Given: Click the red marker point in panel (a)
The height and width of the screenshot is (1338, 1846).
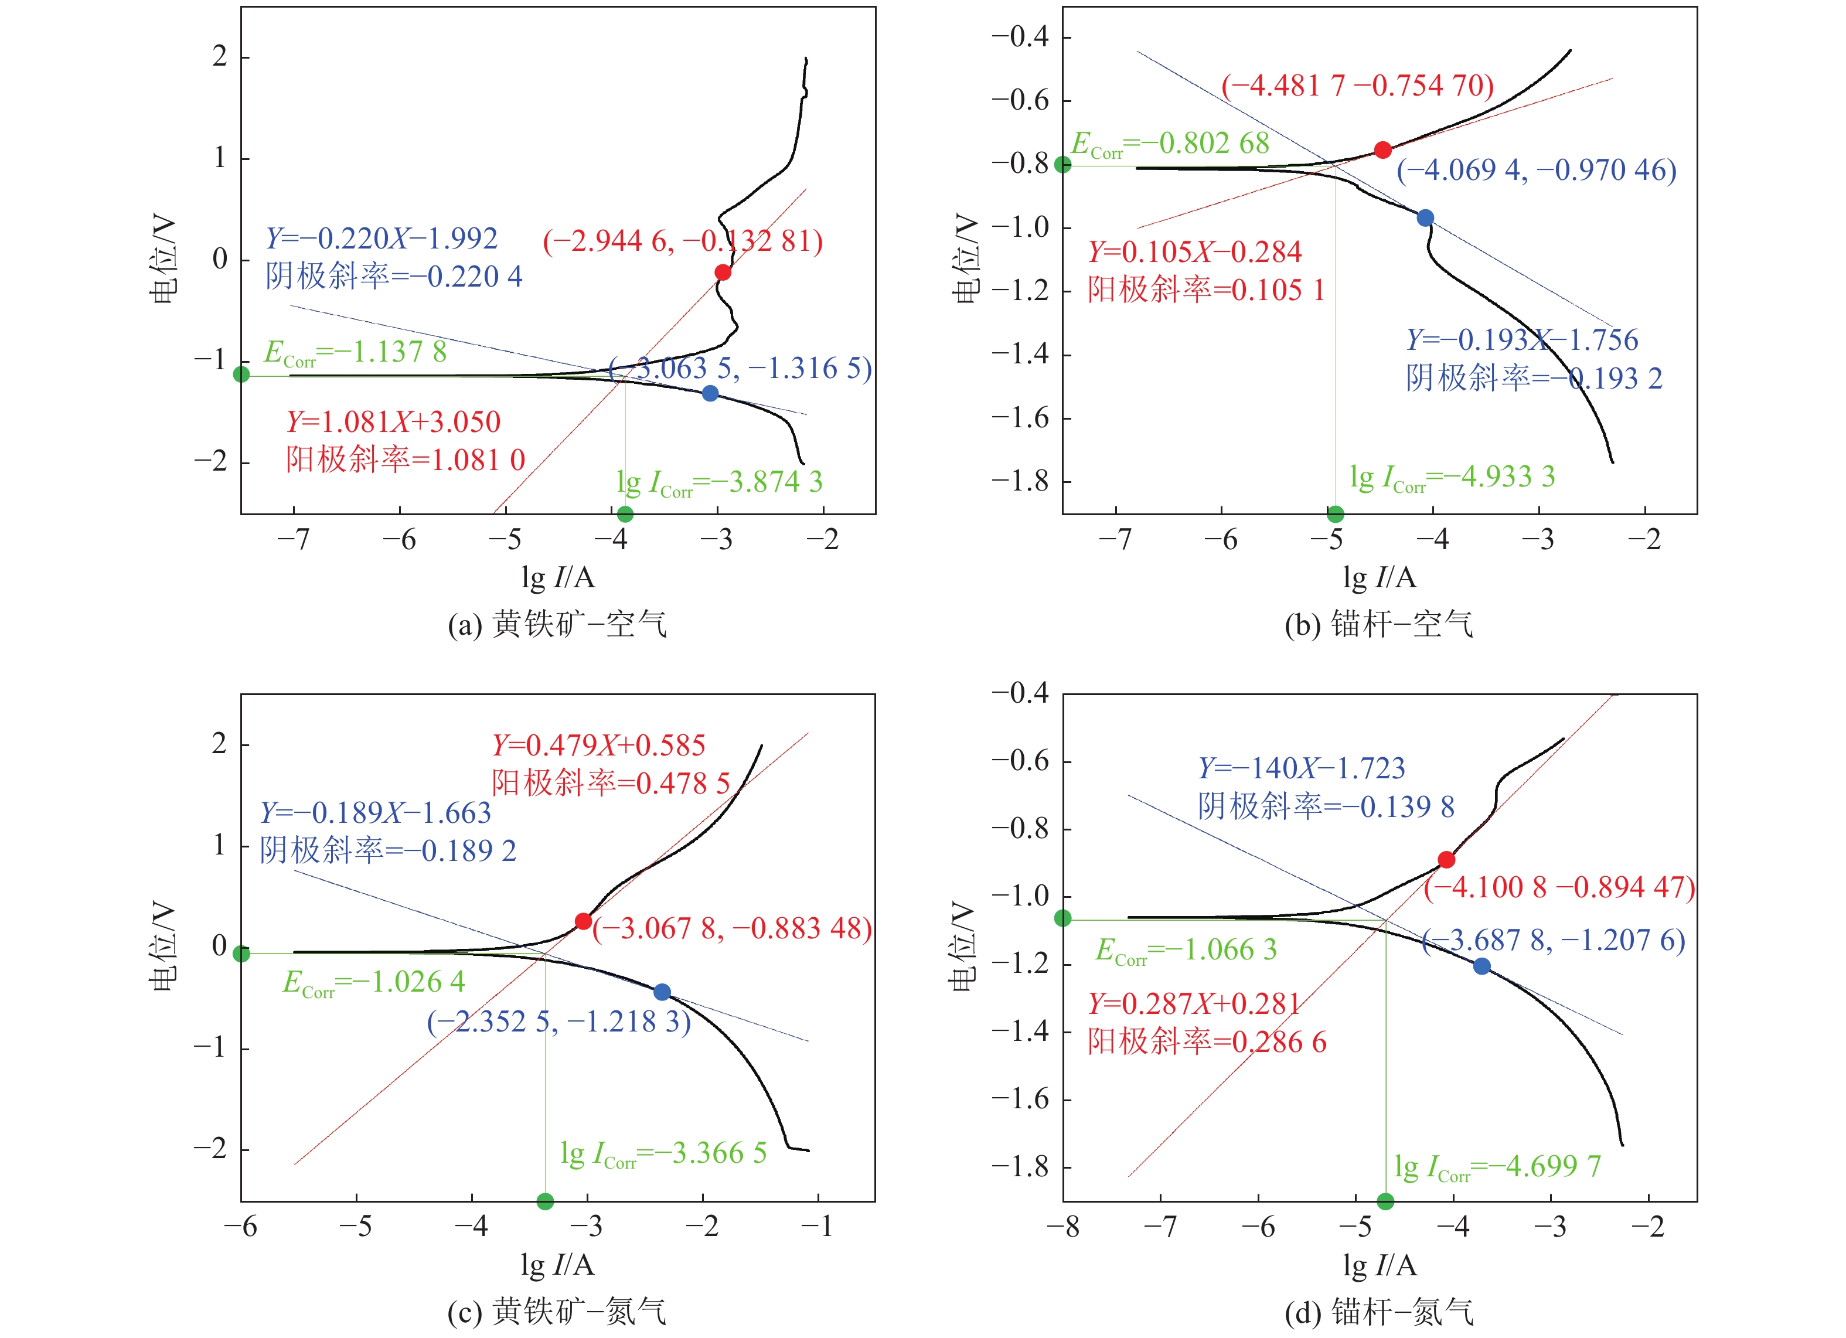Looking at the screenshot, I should [x=723, y=272].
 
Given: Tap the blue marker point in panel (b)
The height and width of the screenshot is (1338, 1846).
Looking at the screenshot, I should [x=1425, y=218].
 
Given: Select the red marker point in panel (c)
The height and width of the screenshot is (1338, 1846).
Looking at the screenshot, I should [x=583, y=921].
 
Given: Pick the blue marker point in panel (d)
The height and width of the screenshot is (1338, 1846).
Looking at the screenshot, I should [x=1481, y=966].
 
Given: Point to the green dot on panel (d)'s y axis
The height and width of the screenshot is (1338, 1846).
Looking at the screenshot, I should [x=1063, y=918].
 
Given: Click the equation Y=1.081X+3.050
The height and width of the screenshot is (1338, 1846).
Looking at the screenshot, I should [x=393, y=421].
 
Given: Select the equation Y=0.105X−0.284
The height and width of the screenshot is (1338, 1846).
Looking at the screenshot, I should [x=1195, y=251].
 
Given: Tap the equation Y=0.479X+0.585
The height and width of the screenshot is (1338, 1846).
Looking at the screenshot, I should [x=598, y=745].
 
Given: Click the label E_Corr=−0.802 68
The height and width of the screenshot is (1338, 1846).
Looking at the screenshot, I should [x=1170, y=144].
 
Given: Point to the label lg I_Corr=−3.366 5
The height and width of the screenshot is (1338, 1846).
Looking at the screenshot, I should [x=663, y=1153].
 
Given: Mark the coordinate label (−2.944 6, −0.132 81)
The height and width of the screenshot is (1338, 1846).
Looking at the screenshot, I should [x=683, y=241].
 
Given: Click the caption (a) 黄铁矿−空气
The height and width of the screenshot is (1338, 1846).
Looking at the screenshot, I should [x=557, y=624].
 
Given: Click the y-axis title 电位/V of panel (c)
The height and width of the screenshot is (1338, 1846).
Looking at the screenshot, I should [x=163, y=947].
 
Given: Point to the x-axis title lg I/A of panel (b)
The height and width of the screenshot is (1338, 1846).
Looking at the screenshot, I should [x=1380, y=578].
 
